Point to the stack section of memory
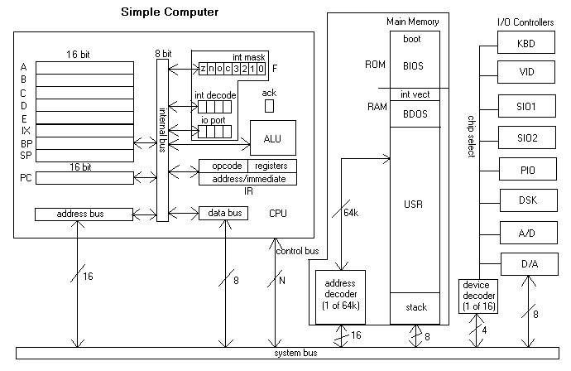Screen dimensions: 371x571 416,307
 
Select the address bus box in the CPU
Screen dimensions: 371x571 83,214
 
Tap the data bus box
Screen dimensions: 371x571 223,214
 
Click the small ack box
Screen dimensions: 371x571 269,106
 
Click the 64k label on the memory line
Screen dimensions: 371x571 352,213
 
